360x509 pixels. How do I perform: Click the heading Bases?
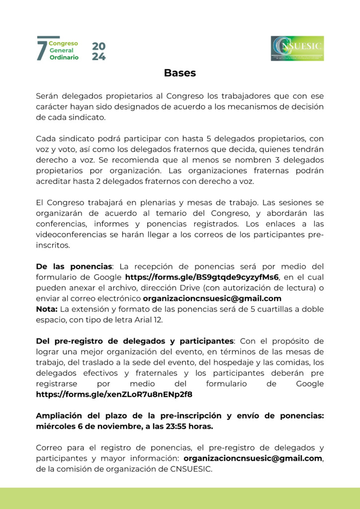point(180,73)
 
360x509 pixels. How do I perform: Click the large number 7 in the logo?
point(42,50)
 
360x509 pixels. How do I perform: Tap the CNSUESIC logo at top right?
point(297,48)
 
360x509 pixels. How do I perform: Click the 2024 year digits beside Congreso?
point(98,51)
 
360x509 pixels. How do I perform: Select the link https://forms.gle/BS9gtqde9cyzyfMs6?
point(202,277)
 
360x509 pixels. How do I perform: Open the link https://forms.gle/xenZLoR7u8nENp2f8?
point(114,394)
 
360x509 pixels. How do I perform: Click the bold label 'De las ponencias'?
point(74,266)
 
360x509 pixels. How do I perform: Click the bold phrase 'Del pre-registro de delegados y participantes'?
point(134,341)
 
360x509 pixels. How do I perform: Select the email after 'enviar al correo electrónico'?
point(212,299)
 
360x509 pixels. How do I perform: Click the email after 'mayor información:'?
point(253,458)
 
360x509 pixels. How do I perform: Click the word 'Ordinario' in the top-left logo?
point(64,58)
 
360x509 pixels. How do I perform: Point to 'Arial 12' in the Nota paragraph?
point(152,320)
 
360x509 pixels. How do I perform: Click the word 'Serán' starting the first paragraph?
point(48,95)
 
